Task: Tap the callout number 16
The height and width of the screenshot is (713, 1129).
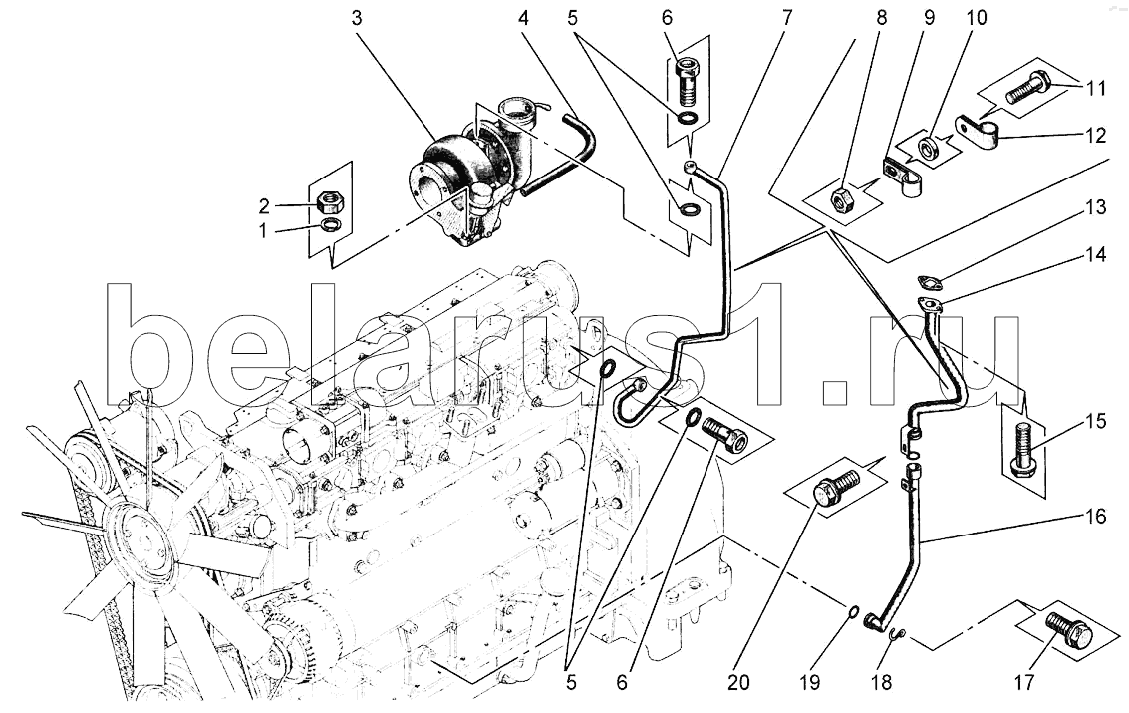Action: (1095, 517)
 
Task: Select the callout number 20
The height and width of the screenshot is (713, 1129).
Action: (739, 682)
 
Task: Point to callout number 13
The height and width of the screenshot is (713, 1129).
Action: (1096, 208)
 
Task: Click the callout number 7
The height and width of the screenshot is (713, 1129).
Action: (787, 17)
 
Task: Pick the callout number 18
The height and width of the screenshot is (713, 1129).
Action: (881, 682)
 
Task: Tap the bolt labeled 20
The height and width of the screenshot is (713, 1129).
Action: (836, 486)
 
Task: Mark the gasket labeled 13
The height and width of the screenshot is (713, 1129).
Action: (928, 280)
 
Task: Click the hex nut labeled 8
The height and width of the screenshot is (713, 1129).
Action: (840, 201)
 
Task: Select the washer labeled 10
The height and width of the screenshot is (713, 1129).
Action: (928, 150)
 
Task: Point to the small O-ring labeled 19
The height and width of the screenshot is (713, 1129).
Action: (853, 611)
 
